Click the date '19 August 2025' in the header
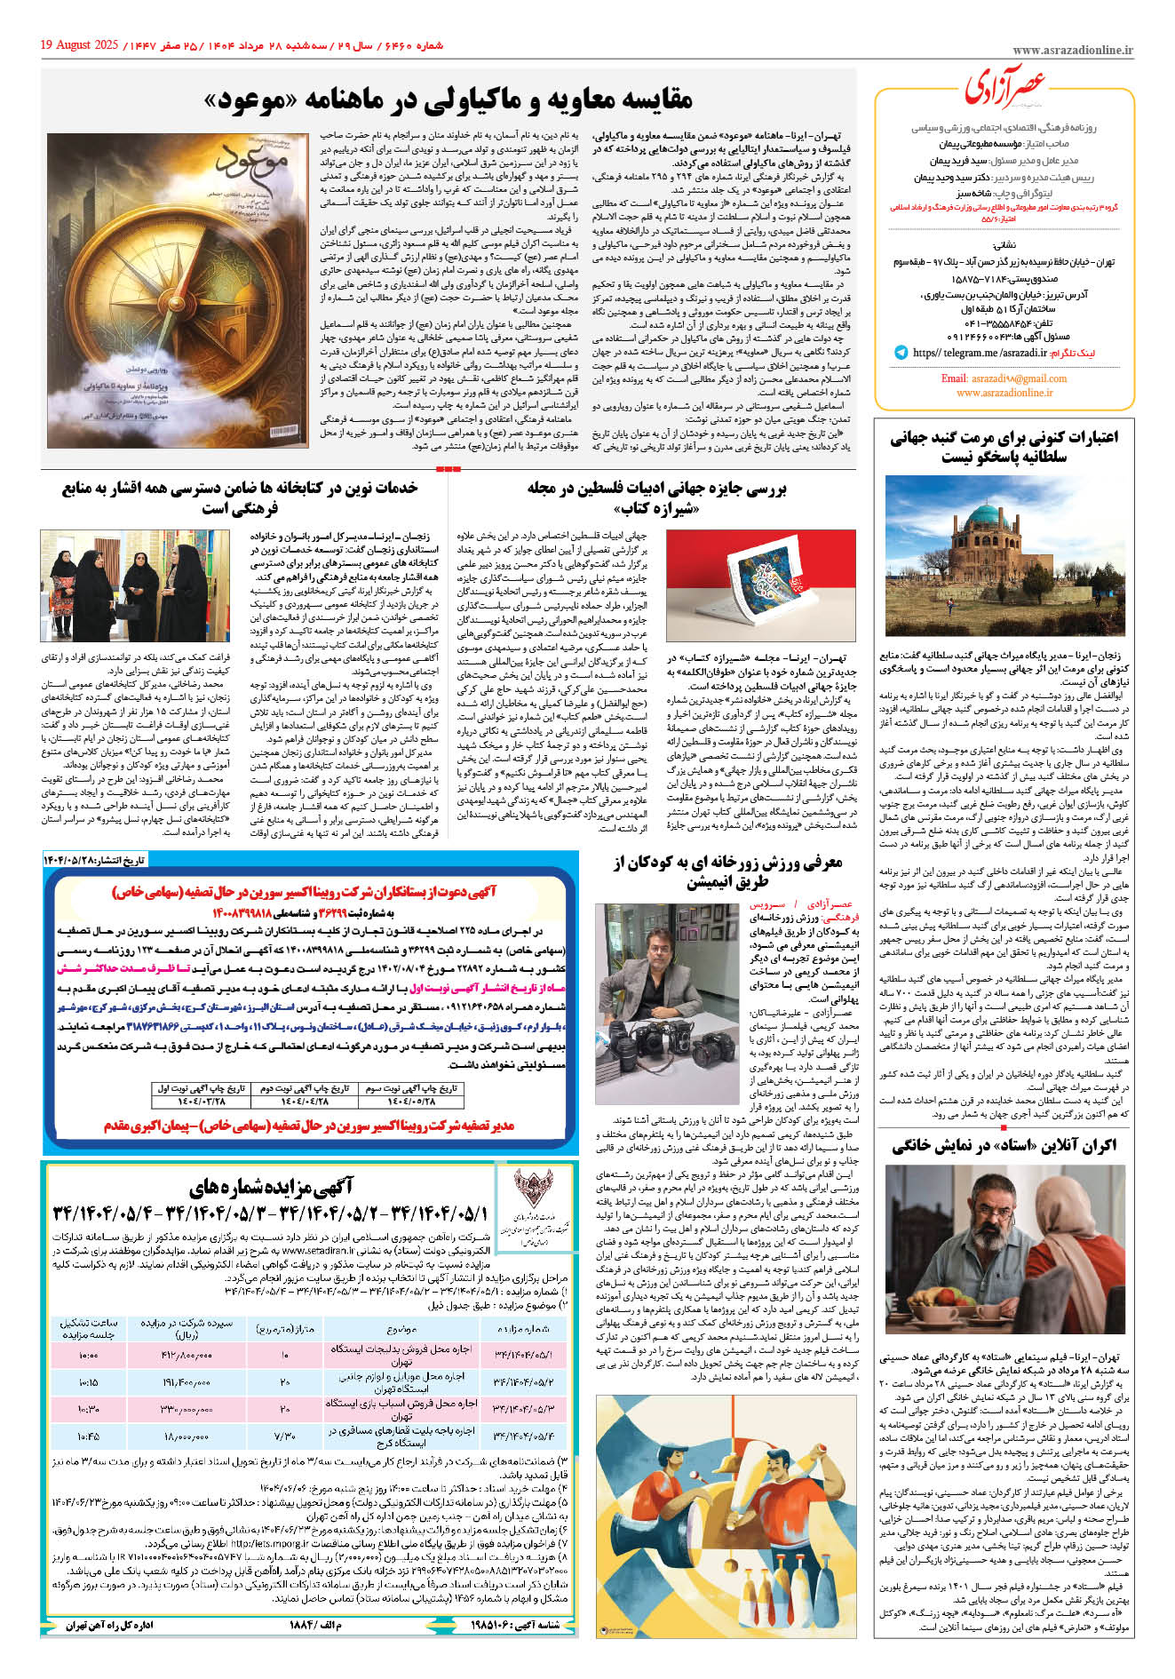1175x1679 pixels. (78, 44)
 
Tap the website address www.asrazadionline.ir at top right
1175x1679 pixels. (1072, 52)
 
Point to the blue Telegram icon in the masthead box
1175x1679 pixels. (901, 353)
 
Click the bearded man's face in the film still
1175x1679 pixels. (969, 1225)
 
